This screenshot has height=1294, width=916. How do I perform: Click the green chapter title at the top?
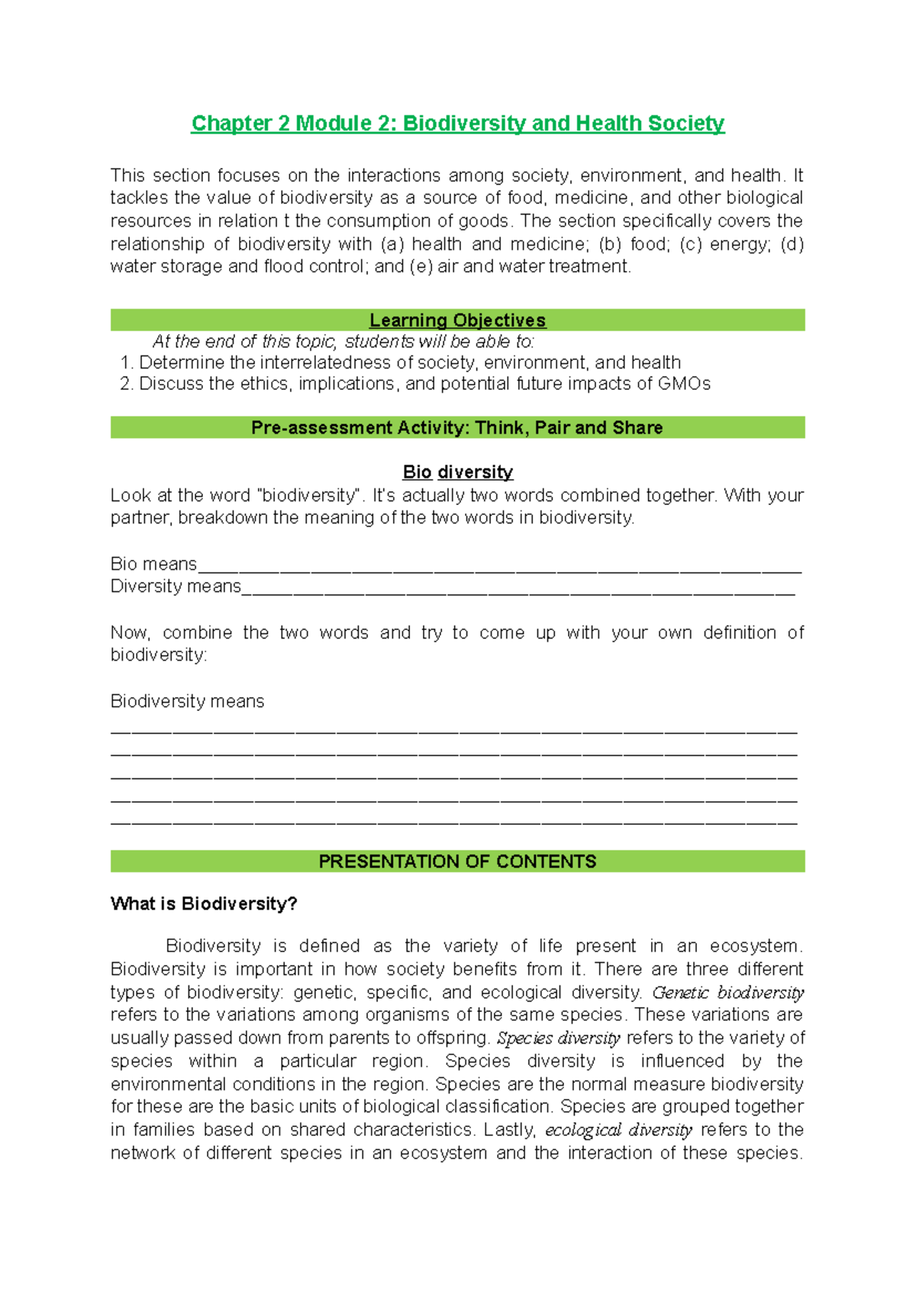click(x=457, y=124)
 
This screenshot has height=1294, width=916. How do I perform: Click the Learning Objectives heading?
click(x=457, y=320)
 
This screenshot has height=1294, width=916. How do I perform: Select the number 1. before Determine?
click(x=127, y=363)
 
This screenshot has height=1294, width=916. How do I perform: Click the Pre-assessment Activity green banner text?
click(x=456, y=428)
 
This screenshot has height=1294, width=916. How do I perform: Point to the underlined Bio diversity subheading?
click(x=457, y=472)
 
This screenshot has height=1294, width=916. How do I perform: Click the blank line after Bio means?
click(x=499, y=568)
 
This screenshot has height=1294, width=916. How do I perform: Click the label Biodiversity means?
click(x=187, y=702)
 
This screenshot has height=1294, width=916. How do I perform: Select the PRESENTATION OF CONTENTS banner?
click(x=457, y=862)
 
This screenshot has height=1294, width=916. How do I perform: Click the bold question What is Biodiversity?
click(x=204, y=904)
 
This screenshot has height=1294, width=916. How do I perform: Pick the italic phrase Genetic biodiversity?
click(x=727, y=993)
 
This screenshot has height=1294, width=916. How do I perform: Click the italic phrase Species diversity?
click(x=558, y=1038)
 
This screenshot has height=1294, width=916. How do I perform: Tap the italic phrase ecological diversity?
click(x=618, y=1130)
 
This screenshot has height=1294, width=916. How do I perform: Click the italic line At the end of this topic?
click(x=343, y=342)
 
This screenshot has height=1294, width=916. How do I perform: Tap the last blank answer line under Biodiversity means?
click(x=453, y=822)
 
